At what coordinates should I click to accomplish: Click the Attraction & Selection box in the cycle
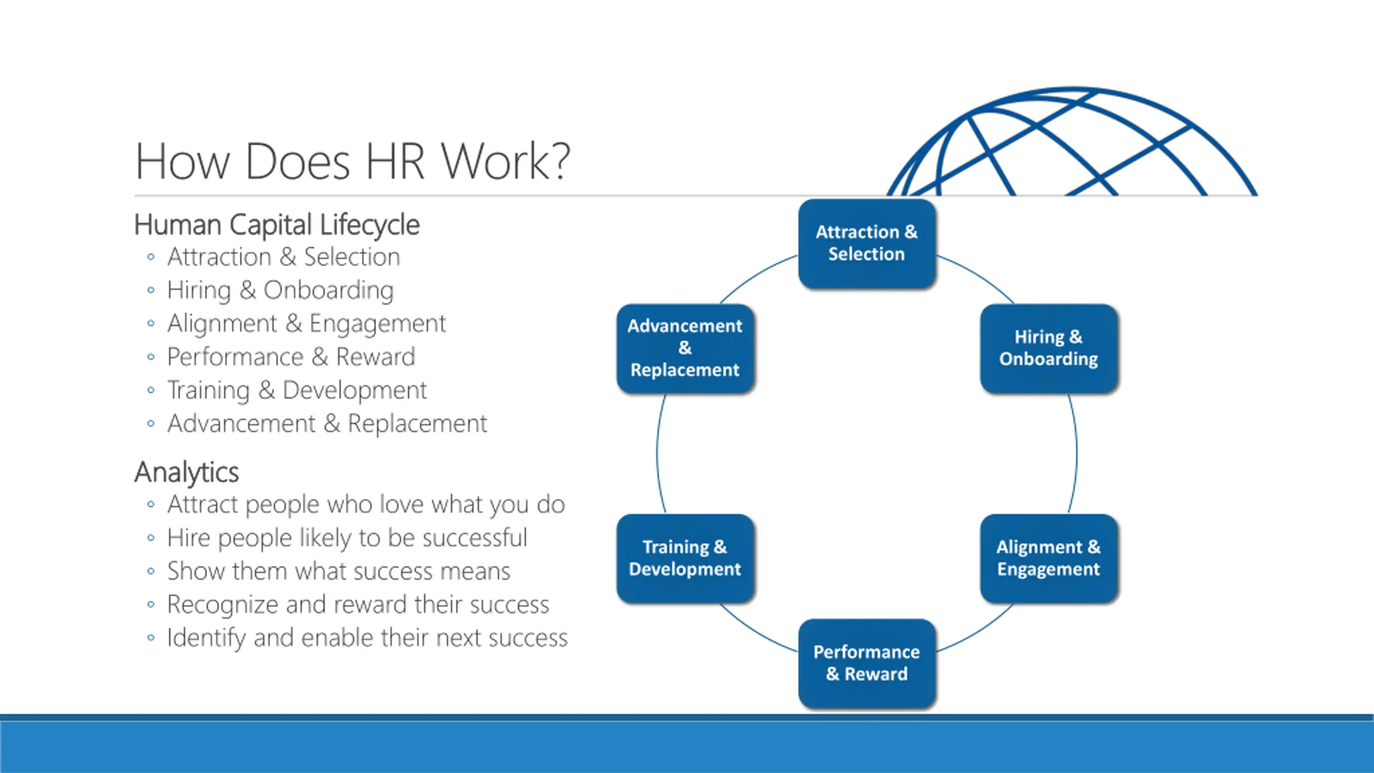867,243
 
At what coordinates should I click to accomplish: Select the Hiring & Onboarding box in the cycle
1048,348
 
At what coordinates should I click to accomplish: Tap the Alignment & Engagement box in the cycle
1048,558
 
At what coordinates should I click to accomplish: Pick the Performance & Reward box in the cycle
867,663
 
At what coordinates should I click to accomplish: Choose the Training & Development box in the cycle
685,558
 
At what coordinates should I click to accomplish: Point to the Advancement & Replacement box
685,348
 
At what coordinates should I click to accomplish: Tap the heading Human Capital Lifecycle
276,224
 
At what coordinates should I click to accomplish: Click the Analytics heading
186,472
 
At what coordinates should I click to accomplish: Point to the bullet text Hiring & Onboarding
280,290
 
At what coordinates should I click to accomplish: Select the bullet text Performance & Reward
291,357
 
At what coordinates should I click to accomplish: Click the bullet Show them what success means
338,571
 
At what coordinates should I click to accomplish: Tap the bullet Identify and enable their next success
367,638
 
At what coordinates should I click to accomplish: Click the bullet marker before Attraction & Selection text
151,257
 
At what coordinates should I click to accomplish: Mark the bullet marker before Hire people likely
151,538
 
